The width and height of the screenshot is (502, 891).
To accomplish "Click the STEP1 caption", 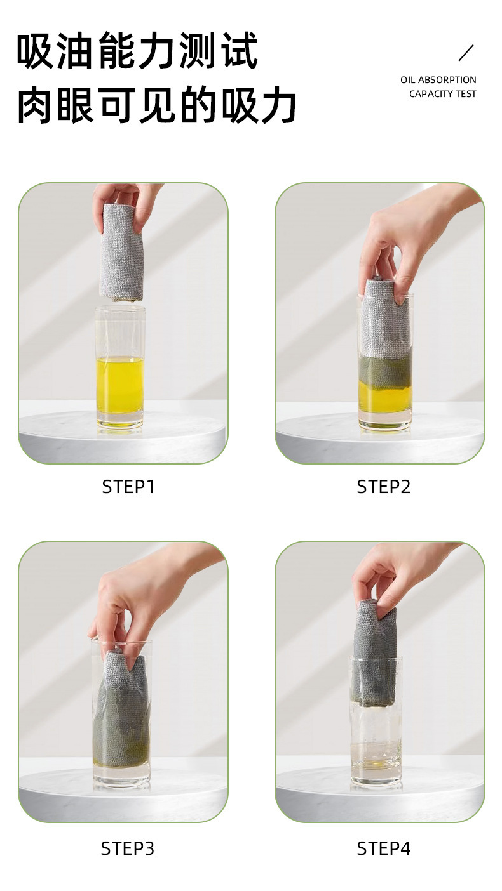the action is coord(128,487).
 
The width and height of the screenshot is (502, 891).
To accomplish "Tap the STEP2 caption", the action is coord(383,487).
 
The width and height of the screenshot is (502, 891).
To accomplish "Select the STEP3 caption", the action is coord(128,848).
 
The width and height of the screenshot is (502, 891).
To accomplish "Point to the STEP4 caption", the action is coord(383,848).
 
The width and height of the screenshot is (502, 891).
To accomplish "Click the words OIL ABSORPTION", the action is coord(438,80).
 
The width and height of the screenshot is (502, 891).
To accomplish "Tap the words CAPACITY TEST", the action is coord(443,94).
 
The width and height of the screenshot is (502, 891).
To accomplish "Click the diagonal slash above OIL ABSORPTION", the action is coord(466,53).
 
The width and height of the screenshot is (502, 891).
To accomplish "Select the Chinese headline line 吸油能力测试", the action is coord(137,51).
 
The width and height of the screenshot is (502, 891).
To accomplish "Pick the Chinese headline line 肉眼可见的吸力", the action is coord(156,105).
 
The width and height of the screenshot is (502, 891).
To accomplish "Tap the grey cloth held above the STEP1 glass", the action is coord(121,251).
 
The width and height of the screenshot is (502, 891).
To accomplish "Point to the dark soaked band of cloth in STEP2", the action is coord(385,368).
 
